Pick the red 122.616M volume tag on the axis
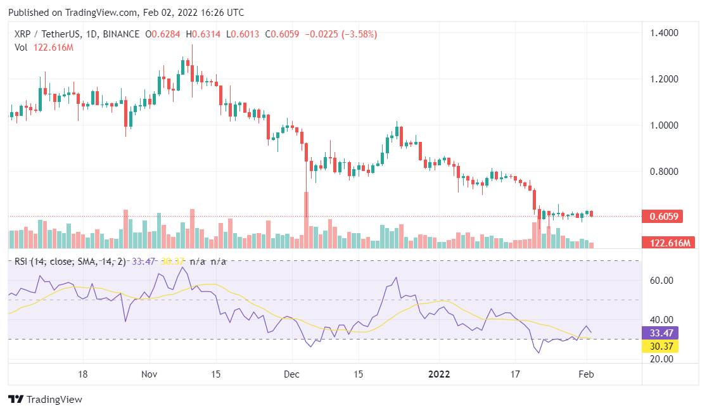click(x=668, y=243)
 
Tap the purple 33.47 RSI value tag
click(x=660, y=333)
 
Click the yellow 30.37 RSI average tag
click(x=660, y=346)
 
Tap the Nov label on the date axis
click(x=149, y=374)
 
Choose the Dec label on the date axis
click(x=292, y=374)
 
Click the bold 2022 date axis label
click(x=439, y=374)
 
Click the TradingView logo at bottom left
click(x=45, y=400)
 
